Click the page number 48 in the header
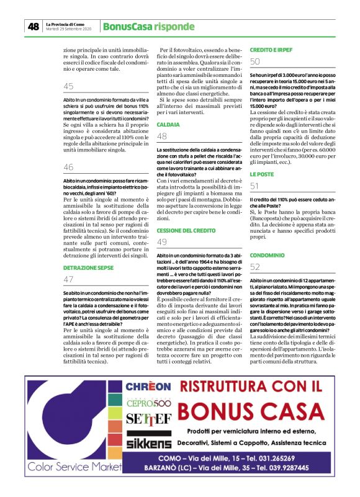(32, 27)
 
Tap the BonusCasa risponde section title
(140, 27)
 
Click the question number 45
(68, 86)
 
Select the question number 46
(68, 167)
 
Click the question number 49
(162, 242)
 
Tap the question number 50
(255, 61)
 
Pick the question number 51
(255, 186)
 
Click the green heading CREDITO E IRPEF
(271, 49)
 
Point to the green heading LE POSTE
(262, 174)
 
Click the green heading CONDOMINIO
(268, 255)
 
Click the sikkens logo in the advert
(149, 444)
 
